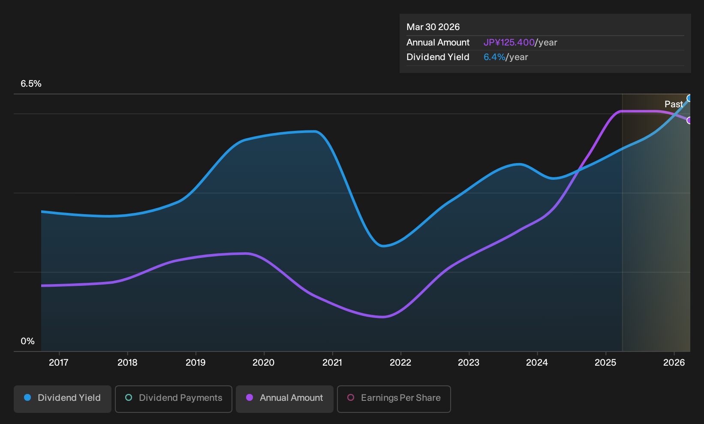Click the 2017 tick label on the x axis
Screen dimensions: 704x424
click(59, 363)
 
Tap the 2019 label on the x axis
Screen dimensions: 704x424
click(196, 363)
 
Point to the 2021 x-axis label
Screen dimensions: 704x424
click(332, 363)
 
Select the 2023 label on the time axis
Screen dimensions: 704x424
click(469, 363)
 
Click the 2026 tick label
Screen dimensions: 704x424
click(674, 363)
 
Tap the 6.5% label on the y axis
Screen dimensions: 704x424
click(31, 84)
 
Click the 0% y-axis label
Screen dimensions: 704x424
click(28, 341)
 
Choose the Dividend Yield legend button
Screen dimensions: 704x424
click(63, 399)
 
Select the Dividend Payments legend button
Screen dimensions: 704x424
click(174, 399)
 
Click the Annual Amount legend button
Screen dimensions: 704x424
click(284, 399)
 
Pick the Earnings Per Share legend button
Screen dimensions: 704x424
click(394, 399)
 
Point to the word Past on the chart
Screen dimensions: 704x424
click(674, 104)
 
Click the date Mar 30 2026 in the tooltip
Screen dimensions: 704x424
click(433, 27)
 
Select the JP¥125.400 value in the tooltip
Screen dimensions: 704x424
click(509, 42)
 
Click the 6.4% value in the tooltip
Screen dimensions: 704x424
click(494, 57)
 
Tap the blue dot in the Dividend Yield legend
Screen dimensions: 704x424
click(28, 397)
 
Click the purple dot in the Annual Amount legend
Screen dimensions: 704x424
click(250, 397)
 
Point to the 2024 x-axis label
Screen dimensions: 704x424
click(537, 363)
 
